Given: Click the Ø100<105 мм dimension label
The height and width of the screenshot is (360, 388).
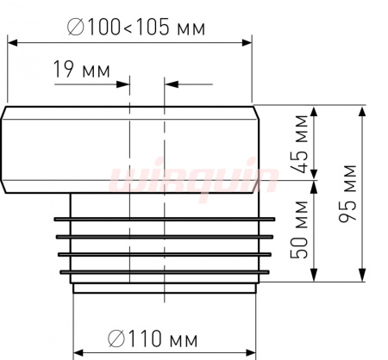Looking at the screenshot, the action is pyautogui.click(x=136, y=28).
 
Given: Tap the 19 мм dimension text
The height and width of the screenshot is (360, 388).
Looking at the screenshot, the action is pyautogui.click(x=82, y=70).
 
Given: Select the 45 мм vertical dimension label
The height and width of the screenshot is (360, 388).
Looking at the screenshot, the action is pyautogui.click(x=301, y=144).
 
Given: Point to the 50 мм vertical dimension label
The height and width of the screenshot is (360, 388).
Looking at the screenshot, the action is pyautogui.click(x=299, y=230).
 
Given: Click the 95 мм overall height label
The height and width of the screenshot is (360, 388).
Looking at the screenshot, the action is pyautogui.click(x=347, y=194).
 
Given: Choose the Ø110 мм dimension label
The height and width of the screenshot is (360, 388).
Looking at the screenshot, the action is pyautogui.click(x=153, y=338).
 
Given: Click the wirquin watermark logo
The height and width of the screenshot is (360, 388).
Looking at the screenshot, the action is pyautogui.click(x=194, y=179).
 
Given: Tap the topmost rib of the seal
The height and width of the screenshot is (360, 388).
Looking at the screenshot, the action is pyautogui.click(x=165, y=220).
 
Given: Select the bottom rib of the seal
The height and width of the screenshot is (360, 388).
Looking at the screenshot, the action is pyautogui.click(x=165, y=272).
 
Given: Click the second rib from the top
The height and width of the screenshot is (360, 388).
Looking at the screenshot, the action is pyautogui.click(x=165, y=237).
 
